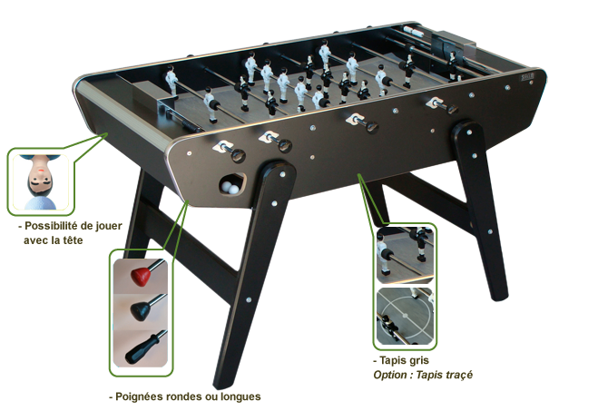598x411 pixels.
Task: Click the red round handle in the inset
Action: [x=140, y=276]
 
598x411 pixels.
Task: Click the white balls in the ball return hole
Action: [x=230, y=187]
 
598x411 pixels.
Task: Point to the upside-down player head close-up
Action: [x=41, y=182]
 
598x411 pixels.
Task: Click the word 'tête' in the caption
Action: [x=72, y=240]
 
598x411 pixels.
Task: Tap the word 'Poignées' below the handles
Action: [x=135, y=396]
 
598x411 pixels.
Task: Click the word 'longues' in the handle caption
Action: [x=243, y=396]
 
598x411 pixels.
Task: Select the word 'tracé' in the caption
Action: [x=459, y=375]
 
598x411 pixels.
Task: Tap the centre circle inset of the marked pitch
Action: [x=406, y=316]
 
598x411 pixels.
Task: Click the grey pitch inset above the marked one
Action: [x=405, y=255]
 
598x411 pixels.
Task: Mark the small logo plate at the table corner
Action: [x=528, y=76]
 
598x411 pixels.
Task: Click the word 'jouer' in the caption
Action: [x=108, y=226]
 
